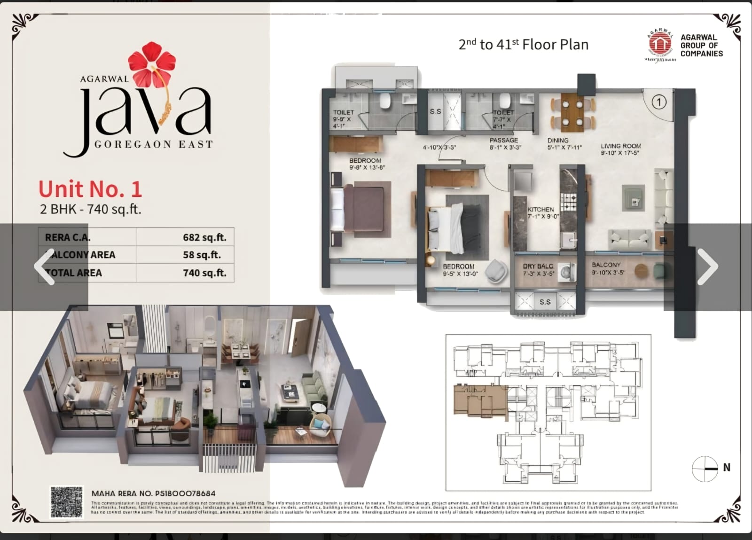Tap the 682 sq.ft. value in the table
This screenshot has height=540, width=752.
click(204, 238)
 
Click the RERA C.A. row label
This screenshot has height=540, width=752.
click(68, 238)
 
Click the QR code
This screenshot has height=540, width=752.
click(67, 502)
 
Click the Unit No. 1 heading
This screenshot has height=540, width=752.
click(90, 189)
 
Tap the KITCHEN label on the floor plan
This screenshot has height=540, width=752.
click(541, 210)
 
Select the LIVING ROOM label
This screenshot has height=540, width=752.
click(620, 146)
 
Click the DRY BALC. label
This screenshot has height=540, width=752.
click(538, 266)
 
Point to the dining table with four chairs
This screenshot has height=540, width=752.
click(572, 113)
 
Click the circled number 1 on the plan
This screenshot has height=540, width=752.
click(659, 102)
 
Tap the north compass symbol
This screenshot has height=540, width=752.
click(705, 468)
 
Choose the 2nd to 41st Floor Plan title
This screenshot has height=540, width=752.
click(523, 45)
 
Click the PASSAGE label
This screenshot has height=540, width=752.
click(503, 140)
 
